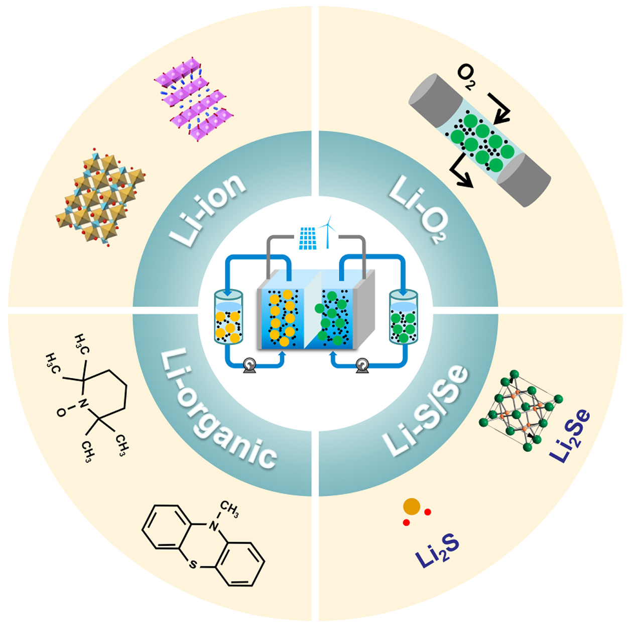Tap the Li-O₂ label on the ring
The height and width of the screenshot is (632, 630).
click(418, 209)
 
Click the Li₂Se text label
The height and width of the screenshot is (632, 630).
click(570, 436)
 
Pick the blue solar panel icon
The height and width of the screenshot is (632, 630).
click(308, 239)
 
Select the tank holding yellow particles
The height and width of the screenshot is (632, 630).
click(228, 318)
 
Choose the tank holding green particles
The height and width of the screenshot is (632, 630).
click(404, 318)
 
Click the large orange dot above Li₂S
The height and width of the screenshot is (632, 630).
click(412, 507)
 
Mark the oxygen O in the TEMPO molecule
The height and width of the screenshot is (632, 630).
click(61, 412)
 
